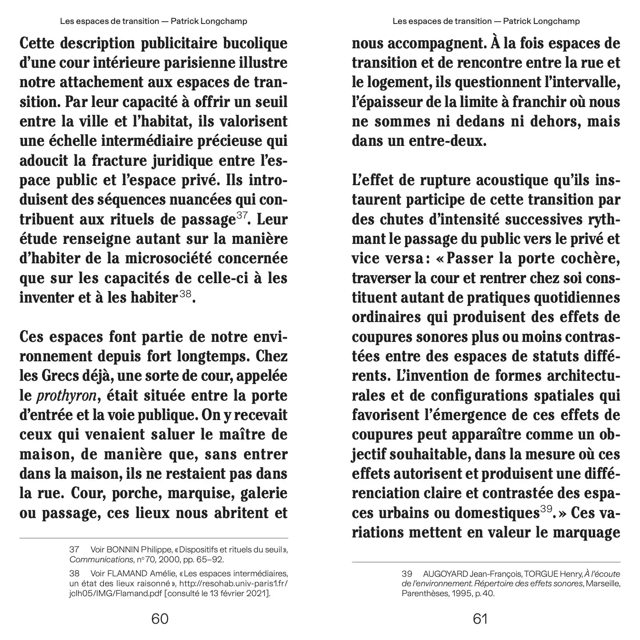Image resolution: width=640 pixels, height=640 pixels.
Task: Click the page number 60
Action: click(160, 618)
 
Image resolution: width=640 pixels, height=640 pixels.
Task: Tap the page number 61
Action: click(480, 618)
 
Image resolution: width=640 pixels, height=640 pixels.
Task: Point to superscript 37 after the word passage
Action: click(242, 215)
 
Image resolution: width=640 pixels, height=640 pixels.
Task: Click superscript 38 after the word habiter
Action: click(185, 294)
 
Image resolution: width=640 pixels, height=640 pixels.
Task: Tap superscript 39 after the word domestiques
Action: click(546, 509)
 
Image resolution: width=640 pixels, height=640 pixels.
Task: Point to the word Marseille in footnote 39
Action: click(603, 584)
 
